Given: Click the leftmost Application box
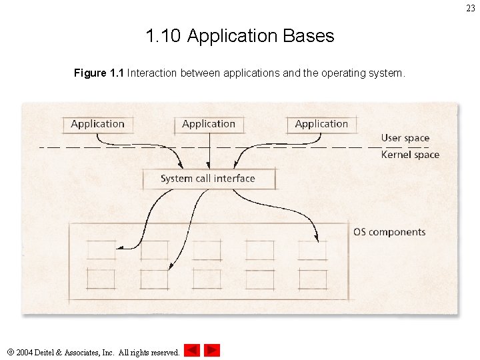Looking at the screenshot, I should [x=98, y=124].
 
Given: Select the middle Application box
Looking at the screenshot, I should [x=209, y=124].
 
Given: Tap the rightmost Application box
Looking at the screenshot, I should [x=321, y=124].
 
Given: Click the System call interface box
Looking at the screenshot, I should [x=208, y=179].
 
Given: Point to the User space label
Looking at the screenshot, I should [x=405, y=138].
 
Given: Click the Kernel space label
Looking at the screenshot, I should [x=410, y=155].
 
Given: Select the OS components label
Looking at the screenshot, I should [x=389, y=232].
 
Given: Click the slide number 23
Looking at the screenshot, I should [x=471, y=9].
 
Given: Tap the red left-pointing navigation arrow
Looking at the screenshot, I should [x=192, y=350].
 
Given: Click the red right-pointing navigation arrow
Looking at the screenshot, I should [x=212, y=350].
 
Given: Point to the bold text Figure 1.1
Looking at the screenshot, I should [x=99, y=73].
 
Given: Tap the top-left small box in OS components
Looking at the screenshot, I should [x=101, y=250].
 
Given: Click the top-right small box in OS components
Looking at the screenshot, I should [x=313, y=250].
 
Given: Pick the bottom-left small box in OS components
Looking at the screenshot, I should [x=101, y=279].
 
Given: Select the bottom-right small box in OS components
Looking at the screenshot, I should [x=313, y=279].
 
